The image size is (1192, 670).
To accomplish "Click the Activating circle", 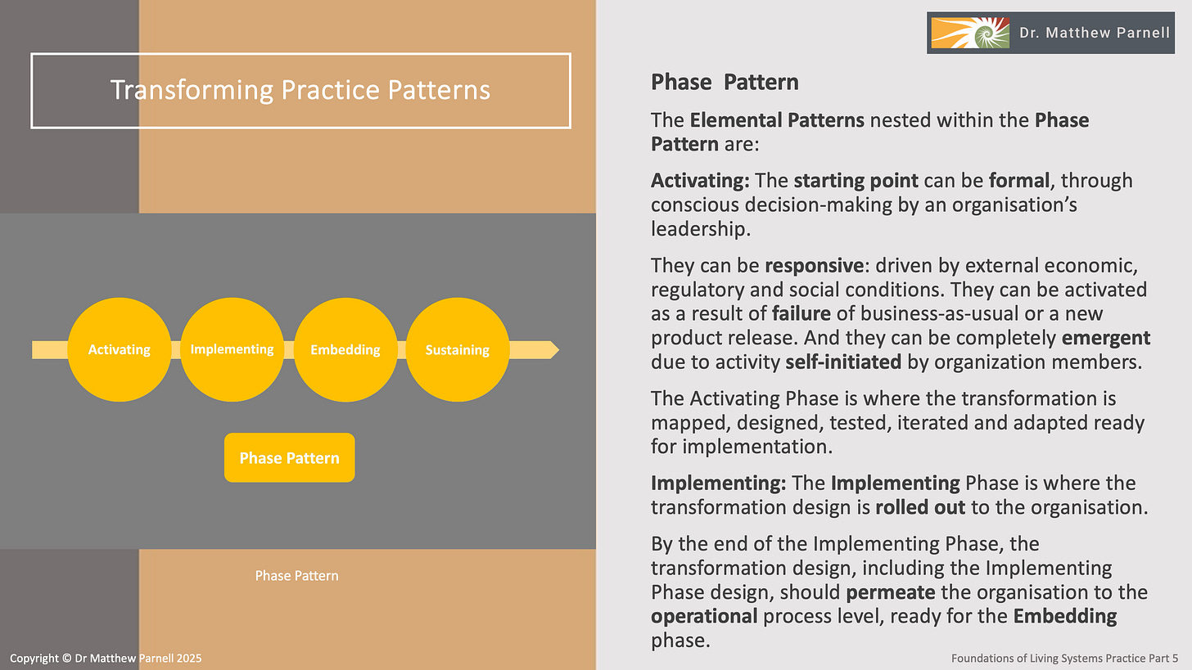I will pos(120,350).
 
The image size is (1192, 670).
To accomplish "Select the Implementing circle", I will pos(232,350).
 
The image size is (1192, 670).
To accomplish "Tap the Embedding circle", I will pos(345,350).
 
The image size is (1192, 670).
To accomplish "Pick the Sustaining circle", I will pos(457,350).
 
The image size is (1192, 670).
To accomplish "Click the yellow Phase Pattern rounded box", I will pos(289,458).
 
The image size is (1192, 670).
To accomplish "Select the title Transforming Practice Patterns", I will pos(300,90).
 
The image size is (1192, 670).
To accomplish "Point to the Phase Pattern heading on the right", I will pos(725,83).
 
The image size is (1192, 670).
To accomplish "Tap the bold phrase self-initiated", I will pos(843,362).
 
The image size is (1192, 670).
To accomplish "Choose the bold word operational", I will pos(704,615).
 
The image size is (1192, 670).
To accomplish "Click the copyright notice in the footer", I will pos(106,659).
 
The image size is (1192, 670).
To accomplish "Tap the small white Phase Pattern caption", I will pos(296,576).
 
